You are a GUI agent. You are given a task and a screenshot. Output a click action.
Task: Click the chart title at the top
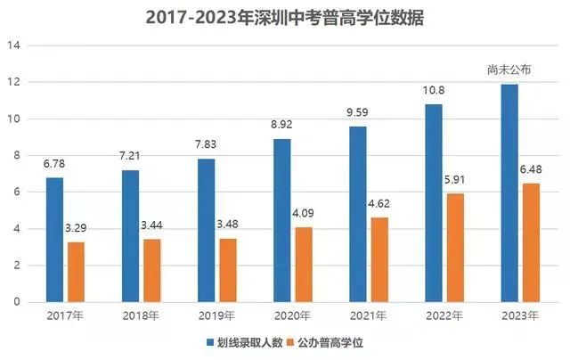pos(284,17)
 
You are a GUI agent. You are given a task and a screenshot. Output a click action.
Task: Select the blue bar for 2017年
pos(54,240)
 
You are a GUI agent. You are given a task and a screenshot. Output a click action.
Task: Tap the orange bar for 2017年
pos(77,272)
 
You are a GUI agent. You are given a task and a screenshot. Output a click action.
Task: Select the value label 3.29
pos(77,230)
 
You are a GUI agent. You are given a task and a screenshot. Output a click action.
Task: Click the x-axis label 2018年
pos(141,315)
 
